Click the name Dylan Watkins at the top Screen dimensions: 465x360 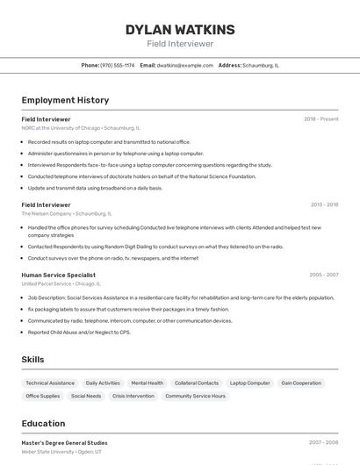[180, 30]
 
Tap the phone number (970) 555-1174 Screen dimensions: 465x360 [118, 65]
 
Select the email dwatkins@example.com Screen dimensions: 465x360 [185, 65]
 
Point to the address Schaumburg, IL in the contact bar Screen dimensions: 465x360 [261, 65]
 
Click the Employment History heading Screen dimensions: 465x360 [65, 100]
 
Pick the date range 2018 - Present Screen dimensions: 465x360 [320, 119]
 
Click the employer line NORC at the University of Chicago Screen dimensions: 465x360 [81, 128]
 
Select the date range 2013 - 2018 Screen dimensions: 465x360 [324, 204]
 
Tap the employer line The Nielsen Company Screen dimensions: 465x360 [67, 213]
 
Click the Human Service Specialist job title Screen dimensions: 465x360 [59, 275]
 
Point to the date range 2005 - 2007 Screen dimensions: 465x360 [323, 275]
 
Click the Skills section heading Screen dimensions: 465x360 [32, 360]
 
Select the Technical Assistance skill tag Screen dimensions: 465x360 [50, 383]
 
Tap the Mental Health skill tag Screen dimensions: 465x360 [147, 383]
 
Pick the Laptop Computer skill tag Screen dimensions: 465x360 [250, 383]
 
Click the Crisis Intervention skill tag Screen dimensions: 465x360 [133, 396]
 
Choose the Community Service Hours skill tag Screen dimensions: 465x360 [195, 396]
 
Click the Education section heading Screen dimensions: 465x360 [43, 423]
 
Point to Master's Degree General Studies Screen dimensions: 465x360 [65, 443]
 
